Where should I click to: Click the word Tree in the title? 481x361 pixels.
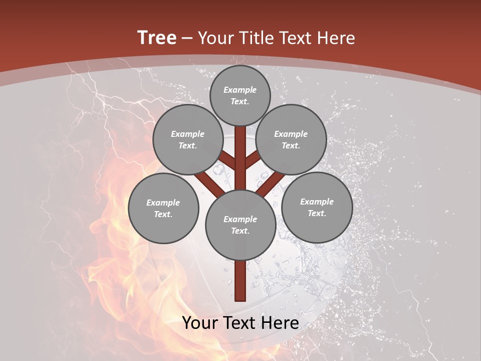[157, 38]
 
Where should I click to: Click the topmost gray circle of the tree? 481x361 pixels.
[240, 96]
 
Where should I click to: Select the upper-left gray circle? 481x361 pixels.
[188, 140]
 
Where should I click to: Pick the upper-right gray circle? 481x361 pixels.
[291, 140]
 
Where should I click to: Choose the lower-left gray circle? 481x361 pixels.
[163, 209]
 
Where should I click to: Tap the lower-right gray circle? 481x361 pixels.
[317, 208]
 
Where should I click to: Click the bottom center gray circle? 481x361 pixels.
[241, 225]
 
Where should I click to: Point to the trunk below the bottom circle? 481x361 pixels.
[241, 281]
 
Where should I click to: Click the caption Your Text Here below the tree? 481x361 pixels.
[241, 322]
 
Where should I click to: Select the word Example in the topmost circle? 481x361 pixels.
[240, 90]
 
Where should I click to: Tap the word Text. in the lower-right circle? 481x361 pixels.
[317, 214]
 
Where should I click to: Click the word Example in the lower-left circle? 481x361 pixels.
[163, 203]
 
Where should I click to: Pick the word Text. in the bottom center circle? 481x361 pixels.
[241, 231]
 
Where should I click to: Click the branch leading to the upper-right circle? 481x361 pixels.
[253, 160]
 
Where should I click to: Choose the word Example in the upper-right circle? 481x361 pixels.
[291, 134]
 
